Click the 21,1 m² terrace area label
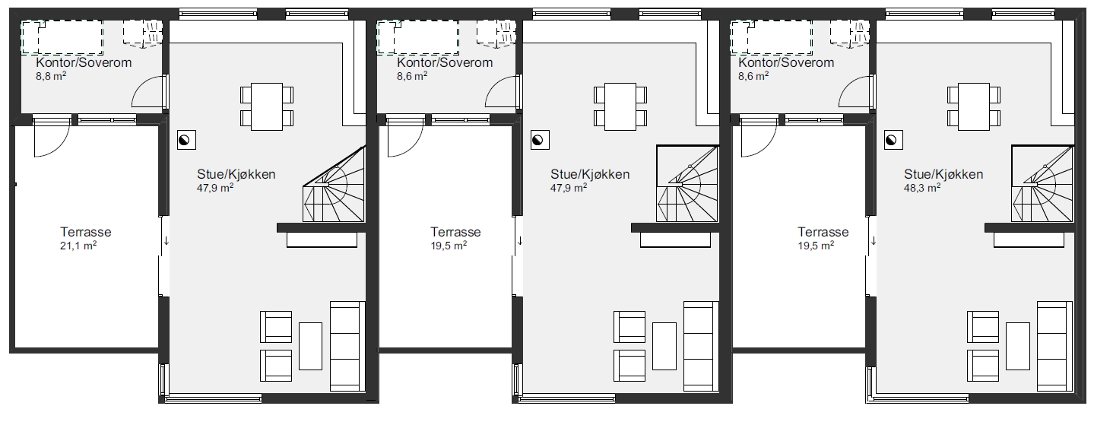(78, 246)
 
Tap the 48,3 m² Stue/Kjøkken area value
(922, 188)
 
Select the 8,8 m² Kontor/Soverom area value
(51, 76)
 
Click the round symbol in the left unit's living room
(186, 140)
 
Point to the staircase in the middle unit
(688, 184)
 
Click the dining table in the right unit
(974, 107)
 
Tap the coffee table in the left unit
(310, 346)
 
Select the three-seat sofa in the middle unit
(701, 347)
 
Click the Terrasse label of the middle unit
(455, 232)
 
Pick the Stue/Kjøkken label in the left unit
(236, 174)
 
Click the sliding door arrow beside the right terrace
(874, 241)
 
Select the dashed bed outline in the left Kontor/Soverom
(62, 37)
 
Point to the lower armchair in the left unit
(276, 366)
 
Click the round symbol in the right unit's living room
(893, 140)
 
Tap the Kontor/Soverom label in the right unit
(786, 62)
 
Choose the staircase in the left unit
(335, 184)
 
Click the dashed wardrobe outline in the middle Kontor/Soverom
(496, 33)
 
